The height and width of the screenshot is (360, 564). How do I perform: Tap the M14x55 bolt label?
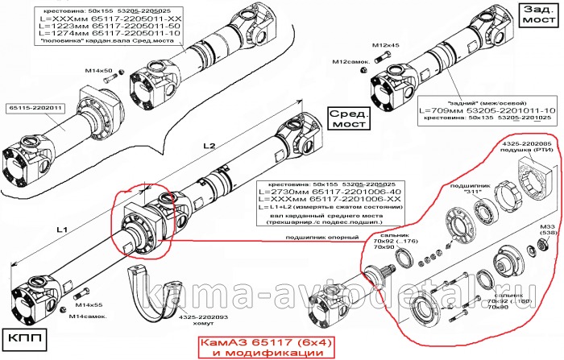tap(87, 306)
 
